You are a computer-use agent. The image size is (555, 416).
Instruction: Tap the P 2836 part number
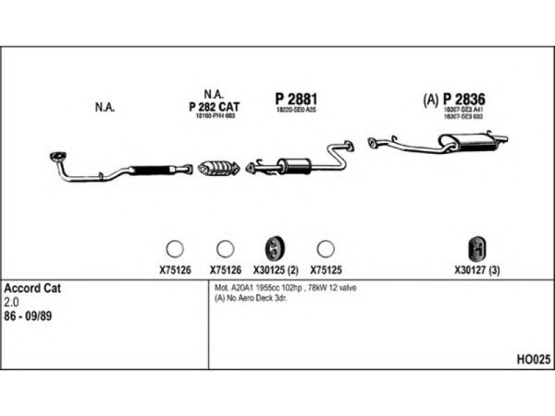[x=463, y=99]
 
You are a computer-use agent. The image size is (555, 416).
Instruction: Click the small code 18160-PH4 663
[x=214, y=116]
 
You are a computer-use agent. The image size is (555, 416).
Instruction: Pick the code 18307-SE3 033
[x=463, y=116]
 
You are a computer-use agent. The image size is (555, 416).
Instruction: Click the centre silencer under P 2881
[x=293, y=166]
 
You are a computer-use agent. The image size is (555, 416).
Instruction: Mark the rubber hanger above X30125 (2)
[x=274, y=248]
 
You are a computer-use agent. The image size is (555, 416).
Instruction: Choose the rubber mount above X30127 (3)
[x=477, y=248]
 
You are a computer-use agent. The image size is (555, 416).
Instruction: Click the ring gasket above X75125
[x=325, y=248]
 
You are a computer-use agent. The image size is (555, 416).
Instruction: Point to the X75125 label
[x=326, y=271]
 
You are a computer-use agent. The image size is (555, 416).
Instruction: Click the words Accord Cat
[x=33, y=288]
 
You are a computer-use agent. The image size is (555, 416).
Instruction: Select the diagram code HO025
[x=533, y=359]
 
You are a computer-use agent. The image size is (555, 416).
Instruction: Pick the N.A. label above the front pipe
[x=104, y=107]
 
